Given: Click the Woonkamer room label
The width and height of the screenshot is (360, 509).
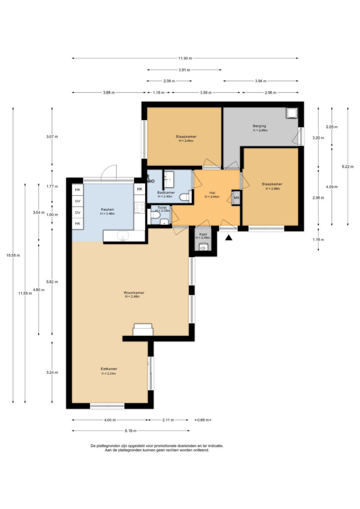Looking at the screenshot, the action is pyautogui.click(x=134, y=292).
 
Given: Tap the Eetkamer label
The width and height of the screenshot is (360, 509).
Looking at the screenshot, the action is pyautogui.click(x=109, y=369).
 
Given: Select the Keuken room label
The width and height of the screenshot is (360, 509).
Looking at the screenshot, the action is pyautogui.click(x=107, y=209).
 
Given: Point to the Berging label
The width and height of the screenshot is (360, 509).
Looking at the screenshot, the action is pyautogui.click(x=260, y=126).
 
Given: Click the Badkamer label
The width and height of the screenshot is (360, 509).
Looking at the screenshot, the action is pyautogui.click(x=166, y=192).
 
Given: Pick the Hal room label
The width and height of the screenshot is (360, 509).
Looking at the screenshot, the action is pyautogui.click(x=212, y=192).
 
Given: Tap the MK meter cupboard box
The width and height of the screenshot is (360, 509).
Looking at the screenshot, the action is pyautogui.click(x=236, y=198).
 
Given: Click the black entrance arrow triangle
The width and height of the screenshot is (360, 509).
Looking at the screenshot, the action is pyautogui.click(x=229, y=238).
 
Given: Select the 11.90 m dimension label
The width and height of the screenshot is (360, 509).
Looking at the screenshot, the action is pyautogui.click(x=184, y=59).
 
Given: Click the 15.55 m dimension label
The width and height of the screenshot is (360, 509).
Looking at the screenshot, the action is pyautogui.click(x=13, y=255).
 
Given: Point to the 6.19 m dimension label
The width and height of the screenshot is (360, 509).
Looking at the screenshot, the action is pyautogui.click(x=130, y=431).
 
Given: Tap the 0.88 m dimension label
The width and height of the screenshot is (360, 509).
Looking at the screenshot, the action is pyautogui.click(x=203, y=420).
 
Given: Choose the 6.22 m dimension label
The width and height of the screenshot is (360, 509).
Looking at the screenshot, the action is pyautogui.click(x=348, y=167).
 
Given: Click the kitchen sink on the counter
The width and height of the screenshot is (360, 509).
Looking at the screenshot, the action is pyautogui.click(x=123, y=236).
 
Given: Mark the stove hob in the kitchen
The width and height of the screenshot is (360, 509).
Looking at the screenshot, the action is pyautogui.click(x=140, y=208).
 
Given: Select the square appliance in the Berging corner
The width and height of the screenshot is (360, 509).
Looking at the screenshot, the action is pyautogui.click(x=291, y=113).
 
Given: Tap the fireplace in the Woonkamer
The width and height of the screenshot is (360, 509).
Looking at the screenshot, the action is pyautogui.click(x=143, y=330).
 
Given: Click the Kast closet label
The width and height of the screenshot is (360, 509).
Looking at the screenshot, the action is pyautogui.click(x=203, y=234).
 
